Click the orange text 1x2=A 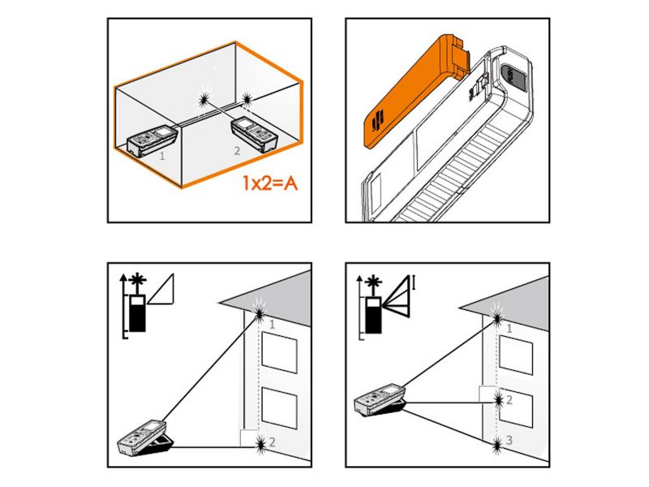269,183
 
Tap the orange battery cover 417,90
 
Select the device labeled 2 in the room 254,134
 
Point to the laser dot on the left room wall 204,99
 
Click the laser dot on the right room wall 247,98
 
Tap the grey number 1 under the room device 161,156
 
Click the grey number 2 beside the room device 237,151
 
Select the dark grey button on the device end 515,77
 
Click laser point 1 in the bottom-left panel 260,313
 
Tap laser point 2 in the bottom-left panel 260,445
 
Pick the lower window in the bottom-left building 279,407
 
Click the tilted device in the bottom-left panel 146,438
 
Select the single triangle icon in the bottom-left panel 161,289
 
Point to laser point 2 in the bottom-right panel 498,400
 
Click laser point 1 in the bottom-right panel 497,318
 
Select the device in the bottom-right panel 380,400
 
